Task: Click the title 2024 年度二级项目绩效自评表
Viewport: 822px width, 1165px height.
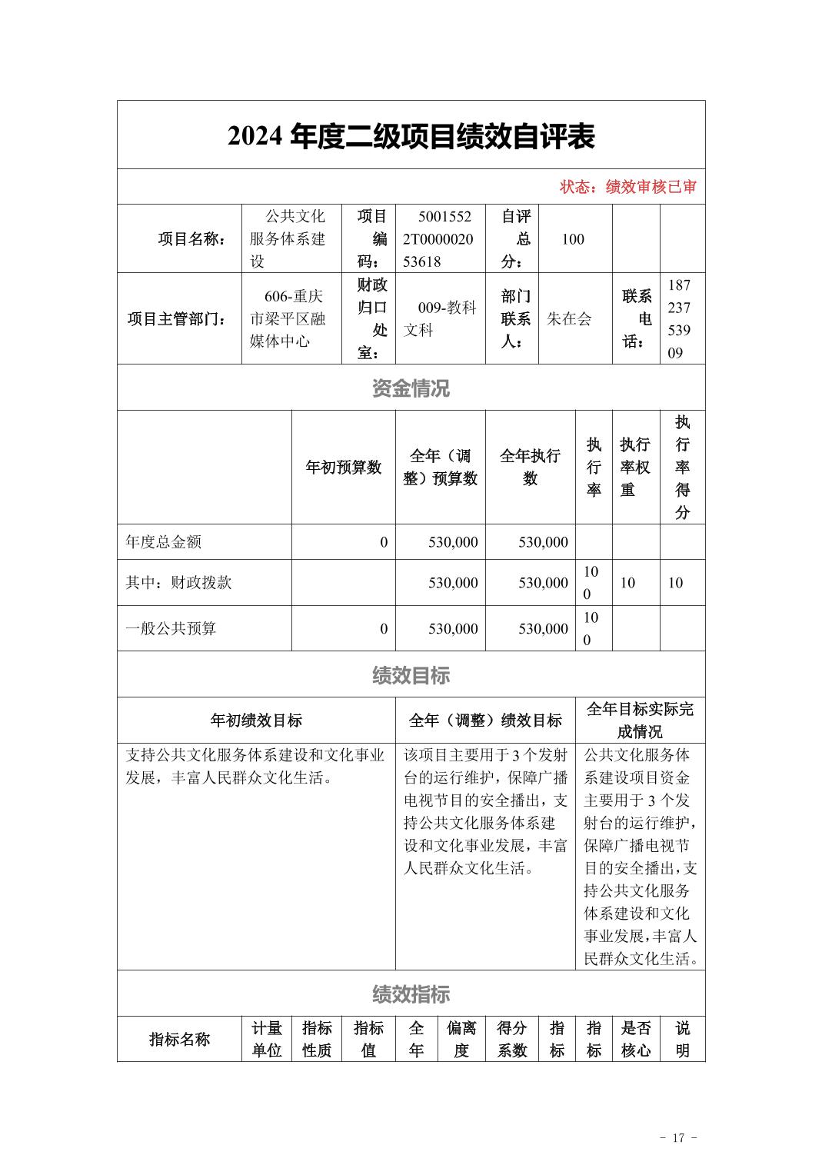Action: point(411,137)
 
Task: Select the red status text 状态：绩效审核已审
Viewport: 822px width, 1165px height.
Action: point(627,187)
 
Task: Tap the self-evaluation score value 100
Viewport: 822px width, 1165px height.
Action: point(573,239)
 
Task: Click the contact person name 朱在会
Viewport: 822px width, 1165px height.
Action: point(569,318)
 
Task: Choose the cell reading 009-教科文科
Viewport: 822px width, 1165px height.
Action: point(440,318)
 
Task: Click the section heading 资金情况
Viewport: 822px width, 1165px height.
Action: point(411,388)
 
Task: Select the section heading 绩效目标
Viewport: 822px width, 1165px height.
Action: point(411,675)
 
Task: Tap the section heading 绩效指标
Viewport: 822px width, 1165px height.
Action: point(411,994)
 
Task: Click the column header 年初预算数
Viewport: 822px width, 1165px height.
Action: point(344,468)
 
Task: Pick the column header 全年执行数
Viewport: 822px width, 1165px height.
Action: point(530,468)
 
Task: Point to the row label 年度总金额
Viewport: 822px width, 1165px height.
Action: point(164,542)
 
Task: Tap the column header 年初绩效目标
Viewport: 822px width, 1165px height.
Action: point(256,721)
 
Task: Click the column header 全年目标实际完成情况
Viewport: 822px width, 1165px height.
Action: point(640,721)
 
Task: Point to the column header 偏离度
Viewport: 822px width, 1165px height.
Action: point(461,1039)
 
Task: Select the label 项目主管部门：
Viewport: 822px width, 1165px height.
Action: point(178,318)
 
